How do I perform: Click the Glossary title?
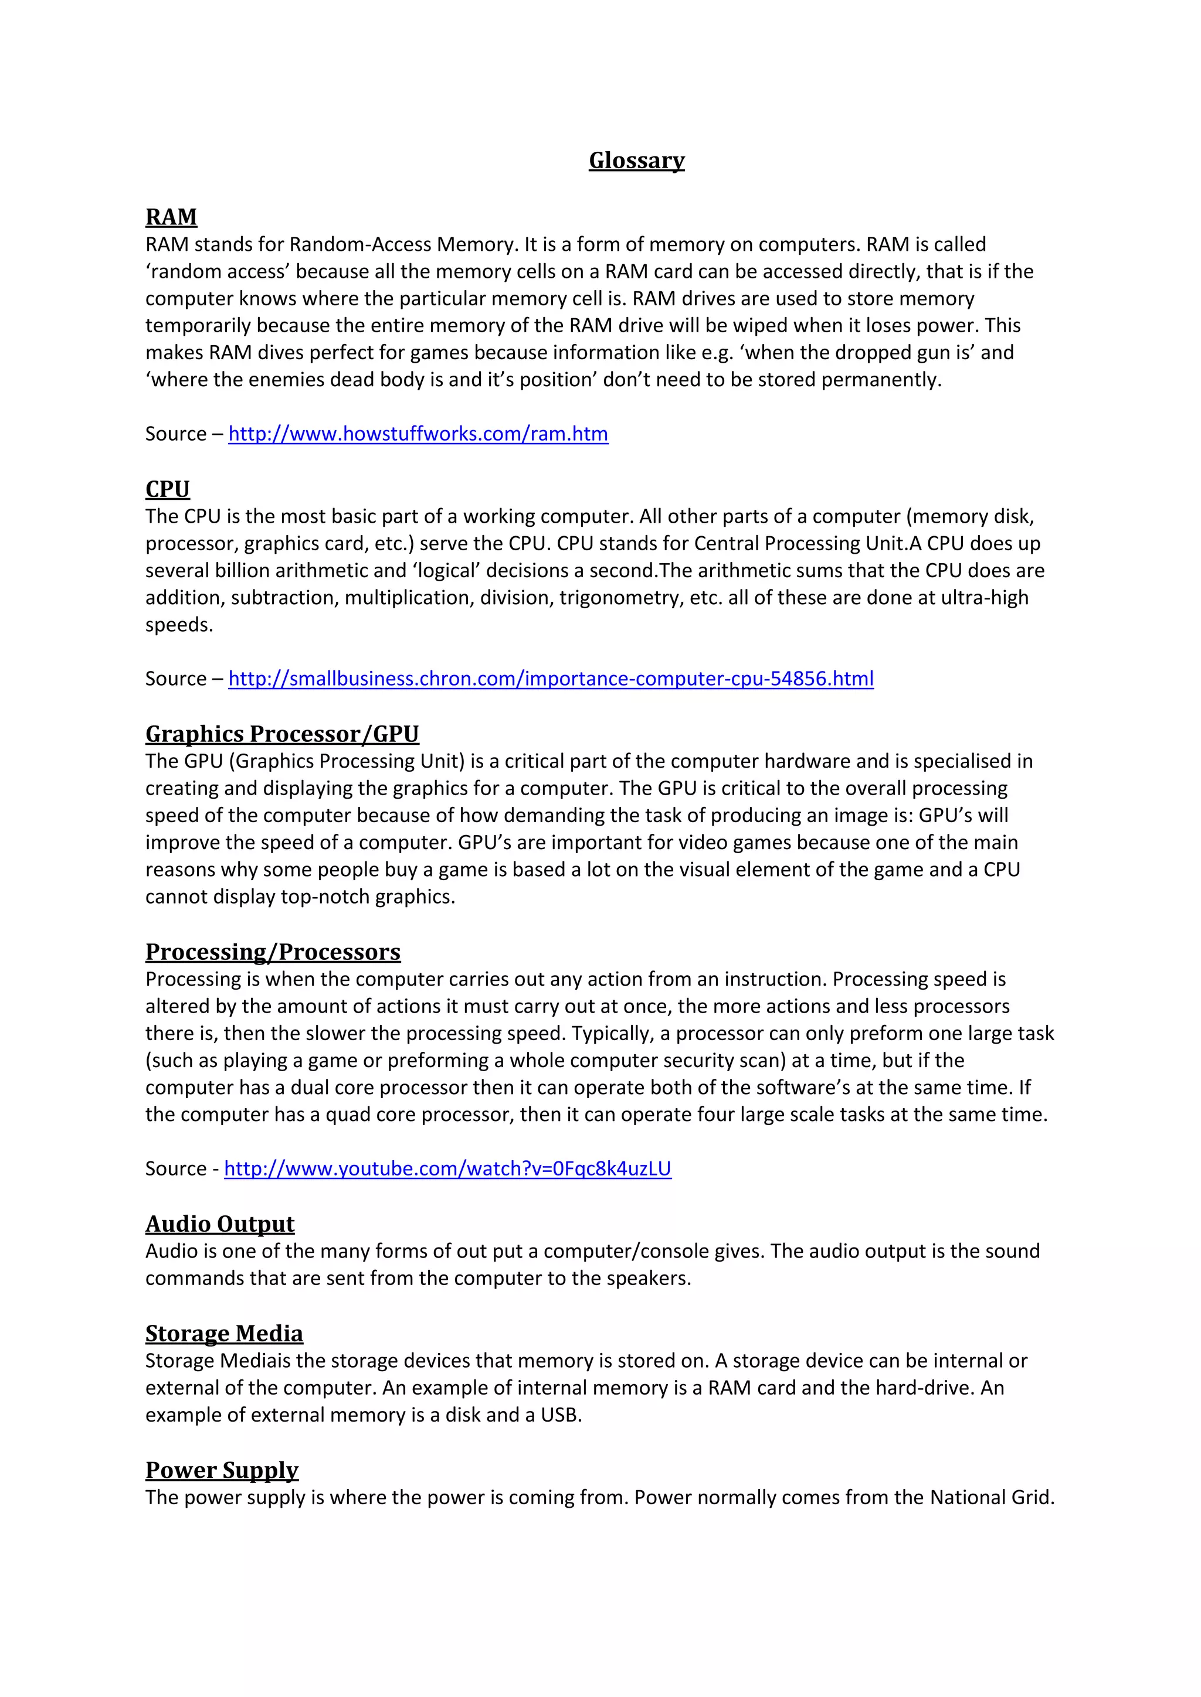pyautogui.click(x=636, y=161)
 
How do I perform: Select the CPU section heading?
pyautogui.click(x=167, y=489)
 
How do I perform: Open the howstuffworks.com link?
pyautogui.click(x=418, y=434)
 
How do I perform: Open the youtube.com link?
pyautogui.click(x=447, y=1168)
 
